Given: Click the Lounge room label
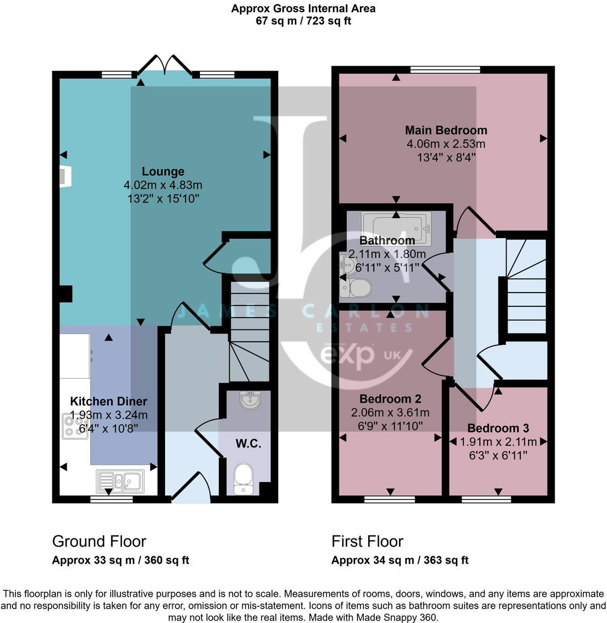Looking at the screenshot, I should (163, 172).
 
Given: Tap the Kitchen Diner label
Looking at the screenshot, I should (109, 401).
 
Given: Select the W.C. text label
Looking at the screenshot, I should (249, 444).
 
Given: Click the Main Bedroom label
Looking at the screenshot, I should (446, 130).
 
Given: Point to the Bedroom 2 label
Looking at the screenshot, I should (390, 399).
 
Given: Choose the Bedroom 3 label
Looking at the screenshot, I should (498, 428).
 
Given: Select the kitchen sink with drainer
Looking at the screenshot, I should (120, 481).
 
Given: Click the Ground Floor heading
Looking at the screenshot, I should (99, 542).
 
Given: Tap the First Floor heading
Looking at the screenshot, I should (367, 542).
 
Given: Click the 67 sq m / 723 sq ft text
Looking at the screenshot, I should (303, 21).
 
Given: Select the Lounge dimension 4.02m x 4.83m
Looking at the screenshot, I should (163, 185).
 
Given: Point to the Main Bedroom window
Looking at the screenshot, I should (445, 70).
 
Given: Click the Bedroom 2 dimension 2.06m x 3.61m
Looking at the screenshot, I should (390, 412).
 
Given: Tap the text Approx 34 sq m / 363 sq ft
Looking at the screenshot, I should (400, 560).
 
